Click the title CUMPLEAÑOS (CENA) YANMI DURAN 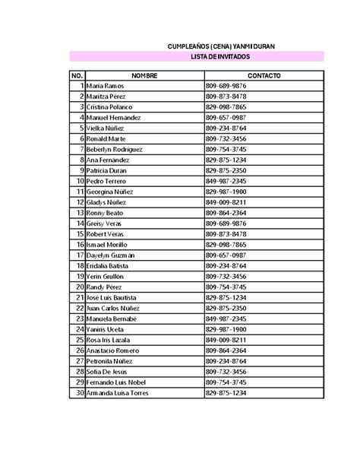[221, 46]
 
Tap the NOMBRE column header [144, 76]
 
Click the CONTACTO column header [264, 76]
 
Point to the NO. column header [77, 76]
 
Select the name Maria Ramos [105, 87]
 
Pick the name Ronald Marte [106, 139]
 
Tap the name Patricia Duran [107, 171]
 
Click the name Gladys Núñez [107, 203]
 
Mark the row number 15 [80, 235]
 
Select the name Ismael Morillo [108, 246]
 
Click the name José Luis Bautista [112, 298]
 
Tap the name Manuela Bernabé [111, 319]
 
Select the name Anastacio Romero [112, 350]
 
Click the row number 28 [80, 372]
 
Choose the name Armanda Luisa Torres [117, 393]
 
